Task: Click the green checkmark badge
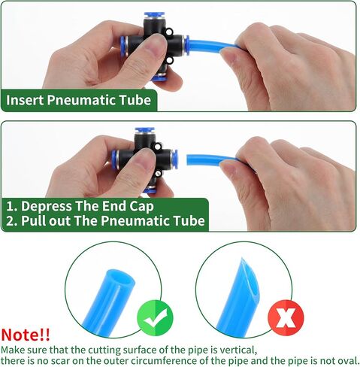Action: click(155, 318)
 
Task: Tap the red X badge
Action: click(286, 318)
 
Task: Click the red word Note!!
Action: click(26, 335)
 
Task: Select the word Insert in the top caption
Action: click(25, 100)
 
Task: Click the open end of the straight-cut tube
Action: click(120, 278)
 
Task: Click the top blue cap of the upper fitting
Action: click(154, 15)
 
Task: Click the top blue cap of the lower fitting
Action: click(144, 130)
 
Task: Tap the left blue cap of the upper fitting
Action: click(123, 44)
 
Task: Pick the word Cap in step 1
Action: click(141, 207)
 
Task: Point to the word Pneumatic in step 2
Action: click(135, 220)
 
